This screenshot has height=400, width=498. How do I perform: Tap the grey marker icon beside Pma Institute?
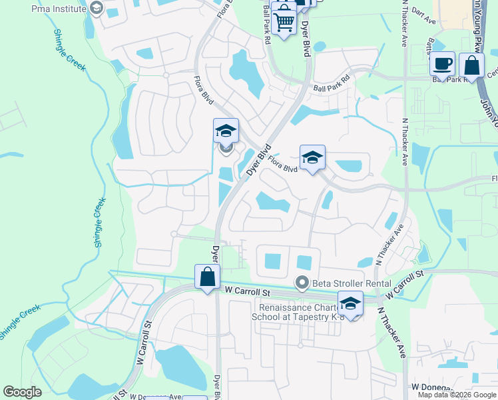(x=96, y=9)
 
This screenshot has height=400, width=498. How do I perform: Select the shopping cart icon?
(x=284, y=21)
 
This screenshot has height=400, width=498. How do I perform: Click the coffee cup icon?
(x=442, y=65)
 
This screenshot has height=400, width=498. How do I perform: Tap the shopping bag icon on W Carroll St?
(x=207, y=276)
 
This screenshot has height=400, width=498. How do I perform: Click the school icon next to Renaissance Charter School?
(x=350, y=304)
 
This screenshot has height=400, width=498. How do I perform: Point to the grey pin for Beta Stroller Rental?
(x=302, y=283)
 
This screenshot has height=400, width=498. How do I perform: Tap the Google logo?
(x=22, y=392)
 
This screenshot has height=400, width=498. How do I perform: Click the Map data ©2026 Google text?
(x=456, y=395)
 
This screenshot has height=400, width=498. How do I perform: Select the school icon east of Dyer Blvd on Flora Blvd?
(x=312, y=158)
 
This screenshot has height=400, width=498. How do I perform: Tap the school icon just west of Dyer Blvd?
(x=226, y=130)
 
